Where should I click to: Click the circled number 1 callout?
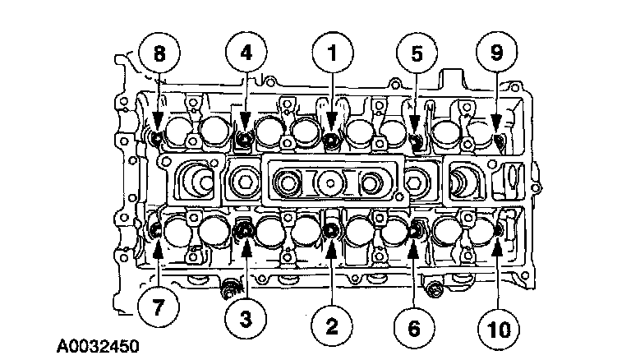point(332,54)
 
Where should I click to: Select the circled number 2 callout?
point(331,327)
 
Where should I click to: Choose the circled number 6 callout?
point(414,327)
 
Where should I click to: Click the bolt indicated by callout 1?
point(331,141)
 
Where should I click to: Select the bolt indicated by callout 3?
point(245,232)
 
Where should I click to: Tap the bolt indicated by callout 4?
point(244,141)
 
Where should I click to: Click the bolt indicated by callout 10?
point(499,231)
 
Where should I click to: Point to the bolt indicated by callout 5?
point(416,141)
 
